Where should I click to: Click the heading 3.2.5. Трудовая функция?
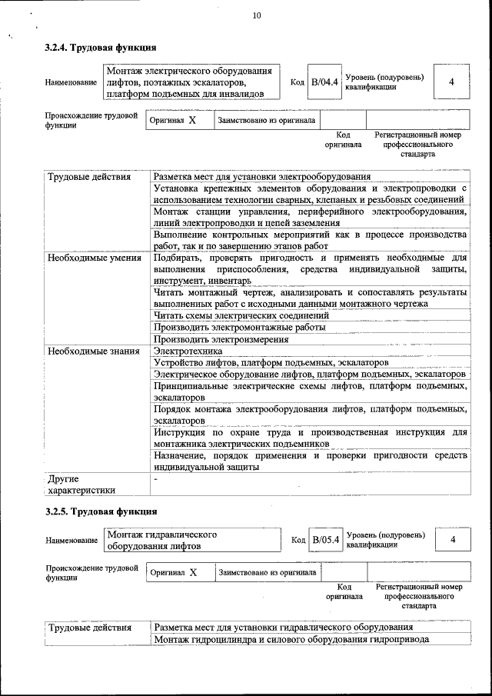click(101, 511)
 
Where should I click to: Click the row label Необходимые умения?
click(95, 258)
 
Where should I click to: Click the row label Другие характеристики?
click(81, 484)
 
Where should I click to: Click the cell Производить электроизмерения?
click(221, 338)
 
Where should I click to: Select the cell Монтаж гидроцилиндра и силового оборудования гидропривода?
click(291, 639)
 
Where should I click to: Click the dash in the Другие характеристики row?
click(155, 478)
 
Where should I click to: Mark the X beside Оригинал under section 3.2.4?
click(192, 121)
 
